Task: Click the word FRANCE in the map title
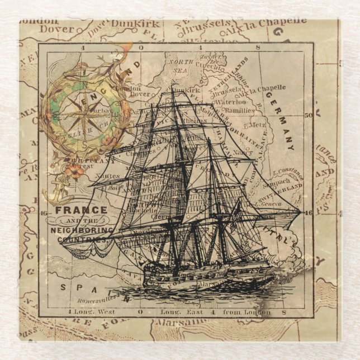click(80, 210)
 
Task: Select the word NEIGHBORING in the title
click(82, 230)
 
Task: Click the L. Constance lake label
click(287, 168)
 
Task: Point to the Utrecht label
click(213, 67)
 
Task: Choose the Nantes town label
click(107, 176)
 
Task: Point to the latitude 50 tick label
click(307, 116)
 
